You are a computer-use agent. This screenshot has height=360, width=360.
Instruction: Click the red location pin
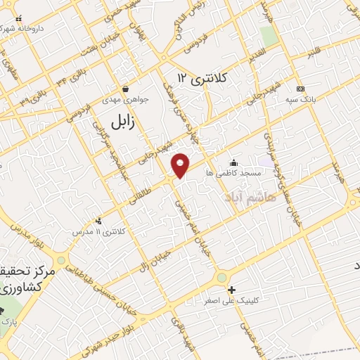[x=181, y=165]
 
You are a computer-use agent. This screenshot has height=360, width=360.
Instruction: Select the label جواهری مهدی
[x=127, y=100]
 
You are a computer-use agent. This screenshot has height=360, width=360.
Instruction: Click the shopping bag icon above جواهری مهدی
[x=125, y=89]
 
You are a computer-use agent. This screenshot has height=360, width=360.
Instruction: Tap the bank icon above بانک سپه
[x=301, y=89]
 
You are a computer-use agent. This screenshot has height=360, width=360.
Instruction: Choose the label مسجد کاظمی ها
[x=233, y=172]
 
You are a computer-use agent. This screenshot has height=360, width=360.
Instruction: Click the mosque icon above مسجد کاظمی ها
[x=233, y=162]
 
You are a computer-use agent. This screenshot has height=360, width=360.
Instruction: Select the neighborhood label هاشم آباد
[x=251, y=198]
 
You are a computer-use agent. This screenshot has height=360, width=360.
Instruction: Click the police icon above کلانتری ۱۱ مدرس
[x=98, y=221]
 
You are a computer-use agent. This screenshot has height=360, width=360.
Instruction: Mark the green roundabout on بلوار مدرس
[x=62, y=260]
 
